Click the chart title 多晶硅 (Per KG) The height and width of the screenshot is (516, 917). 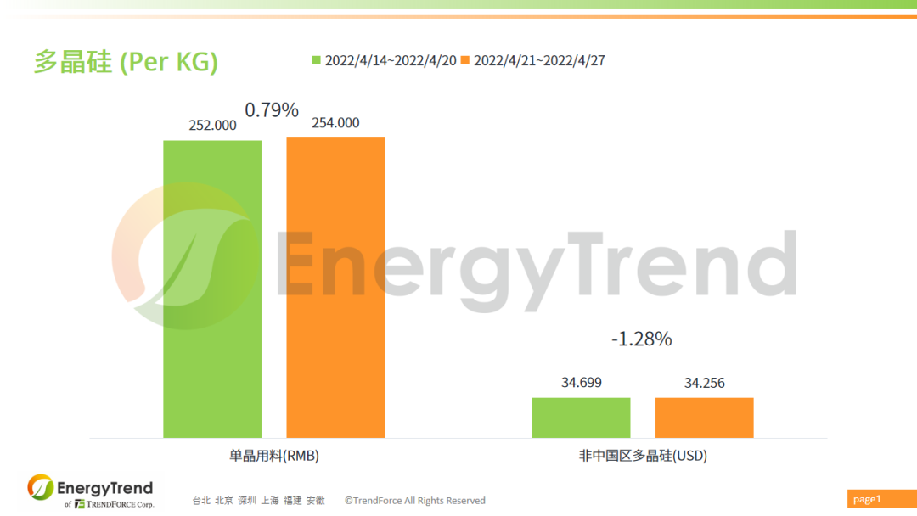tap(126, 62)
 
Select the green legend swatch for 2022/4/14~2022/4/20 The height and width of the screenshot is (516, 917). tap(317, 60)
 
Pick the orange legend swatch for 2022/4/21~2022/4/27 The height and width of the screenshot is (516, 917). tap(465, 60)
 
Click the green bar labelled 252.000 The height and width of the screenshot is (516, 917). tap(212, 289)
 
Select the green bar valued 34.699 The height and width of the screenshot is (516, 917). tap(582, 418)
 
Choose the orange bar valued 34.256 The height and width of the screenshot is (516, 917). tap(704, 418)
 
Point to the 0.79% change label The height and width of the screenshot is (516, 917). tap(272, 110)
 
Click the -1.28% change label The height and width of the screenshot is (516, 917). tap(641, 339)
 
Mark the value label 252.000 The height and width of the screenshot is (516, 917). tap(212, 125)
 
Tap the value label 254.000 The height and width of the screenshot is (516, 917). tap(335, 123)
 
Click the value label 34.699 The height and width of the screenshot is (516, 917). tap(582, 383)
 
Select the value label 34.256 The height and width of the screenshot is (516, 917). tap(705, 383)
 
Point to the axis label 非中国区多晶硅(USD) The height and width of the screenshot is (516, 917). tap(643, 456)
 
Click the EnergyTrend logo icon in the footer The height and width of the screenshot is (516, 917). tap(40, 487)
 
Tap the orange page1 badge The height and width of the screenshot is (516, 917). tap(868, 499)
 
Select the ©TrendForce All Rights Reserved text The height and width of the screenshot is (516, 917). tap(414, 501)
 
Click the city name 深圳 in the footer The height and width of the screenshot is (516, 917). tap(247, 501)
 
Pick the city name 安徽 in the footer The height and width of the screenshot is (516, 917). tap(315, 501)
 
